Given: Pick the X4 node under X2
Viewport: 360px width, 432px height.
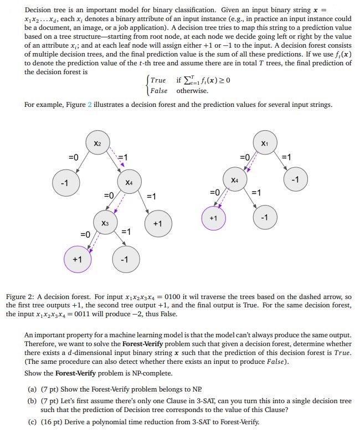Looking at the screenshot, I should point(128,182).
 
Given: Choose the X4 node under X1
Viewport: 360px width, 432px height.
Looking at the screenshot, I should point(235,180).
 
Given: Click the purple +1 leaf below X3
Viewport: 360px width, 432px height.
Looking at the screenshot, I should point(77,259).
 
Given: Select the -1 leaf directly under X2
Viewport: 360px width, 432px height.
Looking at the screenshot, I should point(64,183).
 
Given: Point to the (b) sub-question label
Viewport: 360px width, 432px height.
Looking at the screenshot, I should point(32,401).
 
